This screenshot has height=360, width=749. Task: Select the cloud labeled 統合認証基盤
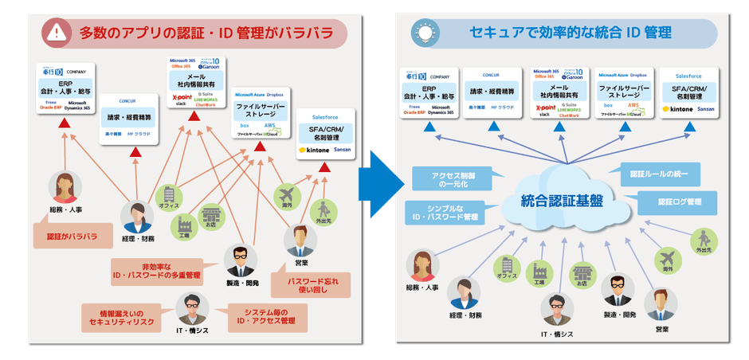pyautogui.click(x=561, y=200)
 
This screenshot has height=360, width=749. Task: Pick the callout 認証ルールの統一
pyautogui.click(x=659, y=173)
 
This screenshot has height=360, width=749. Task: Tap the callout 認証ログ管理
pyautogui.click(x=676, y=202)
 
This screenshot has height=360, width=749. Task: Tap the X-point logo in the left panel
pyautogui.click(x=183, y=98)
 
